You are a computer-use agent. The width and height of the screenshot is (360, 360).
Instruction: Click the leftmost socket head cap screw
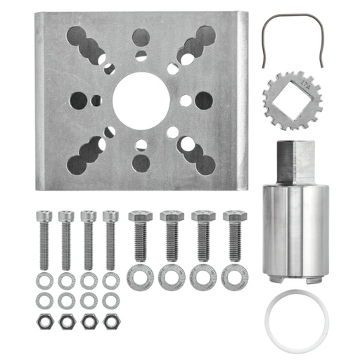pos(44,239)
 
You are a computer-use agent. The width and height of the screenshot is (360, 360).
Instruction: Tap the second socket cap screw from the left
pos(66,239)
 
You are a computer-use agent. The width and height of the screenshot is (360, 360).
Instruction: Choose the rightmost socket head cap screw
pos(110,239)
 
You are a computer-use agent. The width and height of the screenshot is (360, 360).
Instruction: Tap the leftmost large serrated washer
pos(139,276)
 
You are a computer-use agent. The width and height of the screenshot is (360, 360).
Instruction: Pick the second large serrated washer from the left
pos(172,276)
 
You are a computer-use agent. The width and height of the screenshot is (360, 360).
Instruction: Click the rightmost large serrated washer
pos(235,276)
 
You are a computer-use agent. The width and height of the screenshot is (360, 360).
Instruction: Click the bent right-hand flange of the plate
pos(243,98)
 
